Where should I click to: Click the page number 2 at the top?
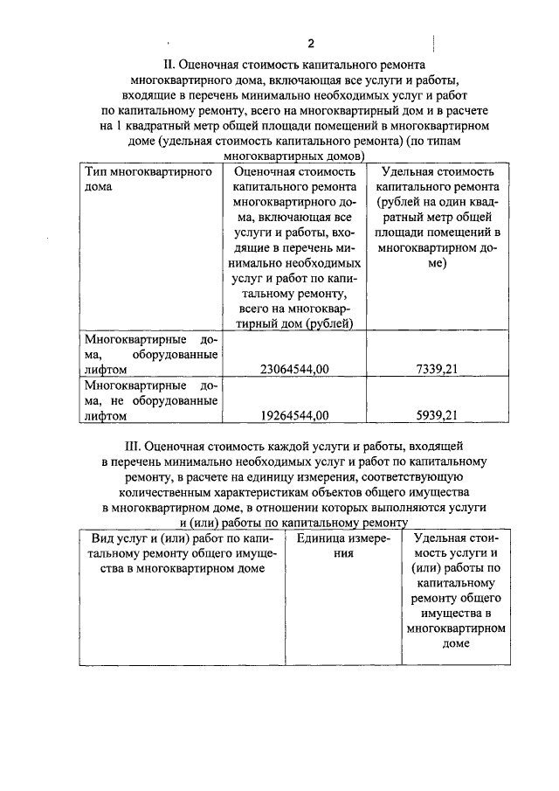click(309, 44)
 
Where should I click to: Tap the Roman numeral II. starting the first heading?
click(170, 65)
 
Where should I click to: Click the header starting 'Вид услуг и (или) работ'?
click(183, 553)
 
